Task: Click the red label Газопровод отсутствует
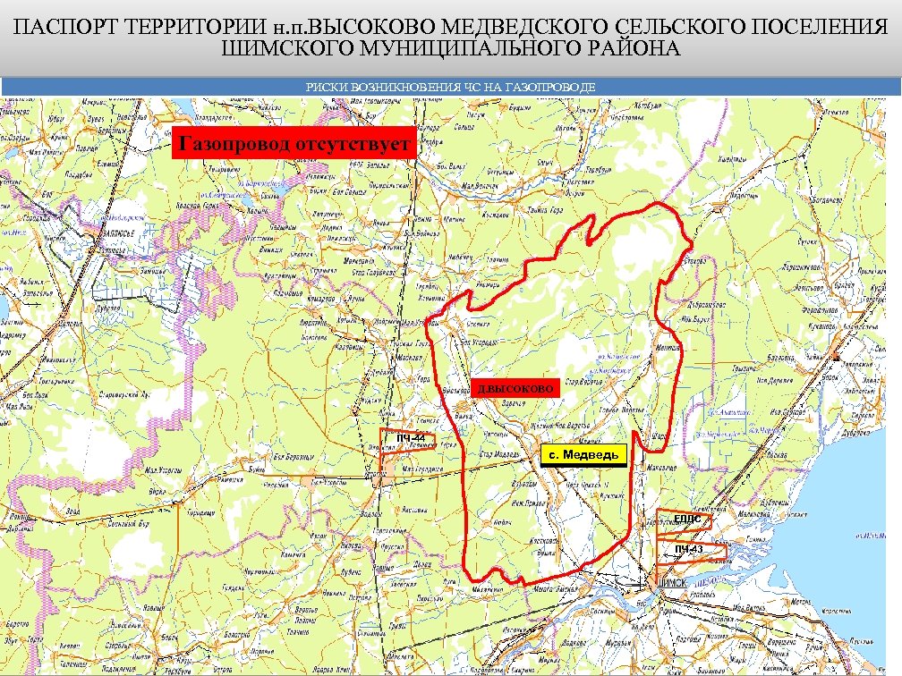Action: point(294,144)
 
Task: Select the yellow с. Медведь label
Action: point(583,456)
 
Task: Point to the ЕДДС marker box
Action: point(686,520)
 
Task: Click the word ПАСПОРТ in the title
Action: point(65,29)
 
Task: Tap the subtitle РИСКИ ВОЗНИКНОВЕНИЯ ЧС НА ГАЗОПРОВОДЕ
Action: point(450,87)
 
